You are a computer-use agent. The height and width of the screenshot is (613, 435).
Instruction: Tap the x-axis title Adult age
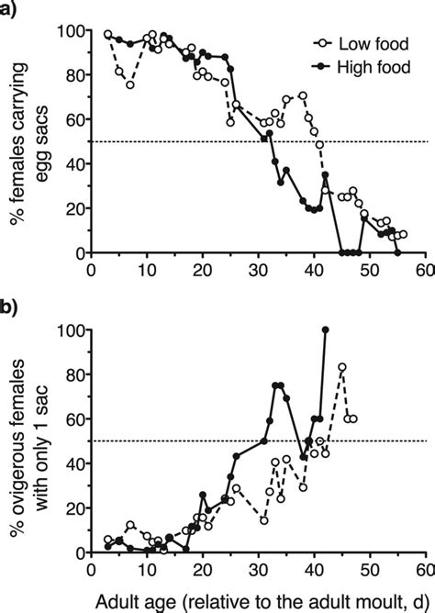(x=256, y=598)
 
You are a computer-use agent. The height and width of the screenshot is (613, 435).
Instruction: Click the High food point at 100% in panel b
(x=325, y=329)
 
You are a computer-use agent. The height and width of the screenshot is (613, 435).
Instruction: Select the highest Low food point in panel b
(x=341, y=367)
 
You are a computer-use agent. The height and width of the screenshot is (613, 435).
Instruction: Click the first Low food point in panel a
(x=107, y=34)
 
